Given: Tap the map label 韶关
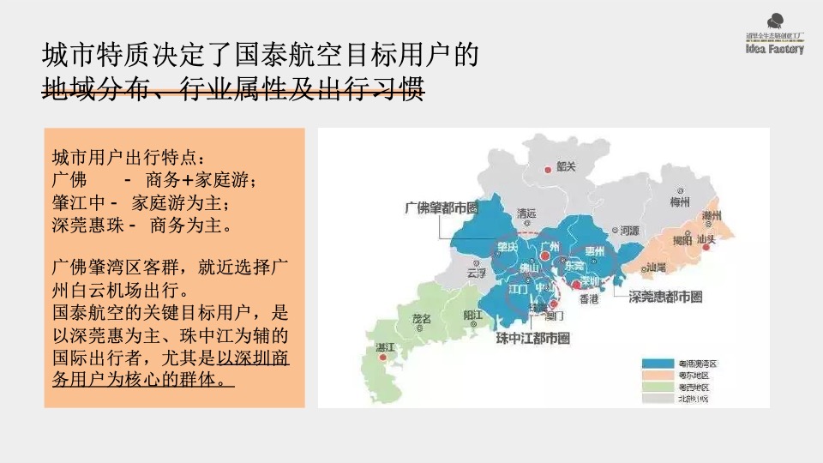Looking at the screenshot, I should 565,166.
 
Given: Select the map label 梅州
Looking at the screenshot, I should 680,202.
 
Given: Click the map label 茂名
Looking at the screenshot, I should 423,318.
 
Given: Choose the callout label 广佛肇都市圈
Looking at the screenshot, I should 440,207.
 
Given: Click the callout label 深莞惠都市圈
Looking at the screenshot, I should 665,298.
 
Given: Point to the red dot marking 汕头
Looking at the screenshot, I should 707,248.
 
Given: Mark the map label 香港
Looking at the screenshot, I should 591,299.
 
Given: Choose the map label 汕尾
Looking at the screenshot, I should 657,268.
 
